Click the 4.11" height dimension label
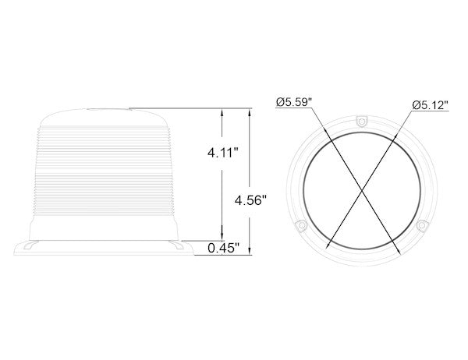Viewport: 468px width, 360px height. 223,154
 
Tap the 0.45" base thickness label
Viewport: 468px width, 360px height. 223,249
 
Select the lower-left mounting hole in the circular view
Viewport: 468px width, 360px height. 301,224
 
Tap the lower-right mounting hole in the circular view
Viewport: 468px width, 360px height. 421,224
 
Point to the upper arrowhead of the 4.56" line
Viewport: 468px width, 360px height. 250,111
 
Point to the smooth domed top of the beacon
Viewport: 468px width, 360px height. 108,117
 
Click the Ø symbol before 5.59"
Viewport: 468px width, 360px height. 280,101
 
